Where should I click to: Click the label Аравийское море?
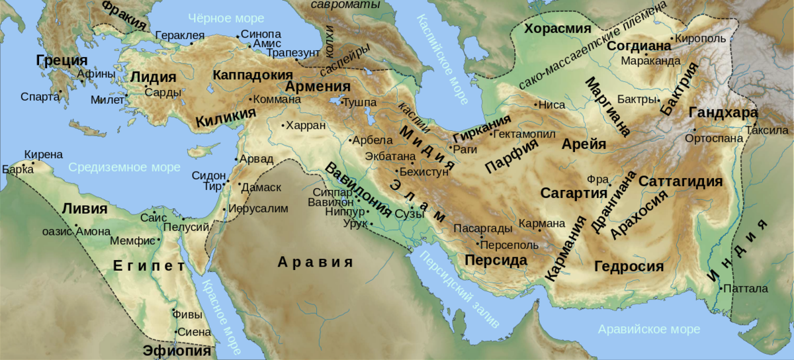point(648,329)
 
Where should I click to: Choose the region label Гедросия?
point(629,267)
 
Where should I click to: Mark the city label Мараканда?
point(650,61)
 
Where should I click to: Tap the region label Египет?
point(148,267)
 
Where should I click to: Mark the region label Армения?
point(317,88)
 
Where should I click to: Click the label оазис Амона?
point(71,232)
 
